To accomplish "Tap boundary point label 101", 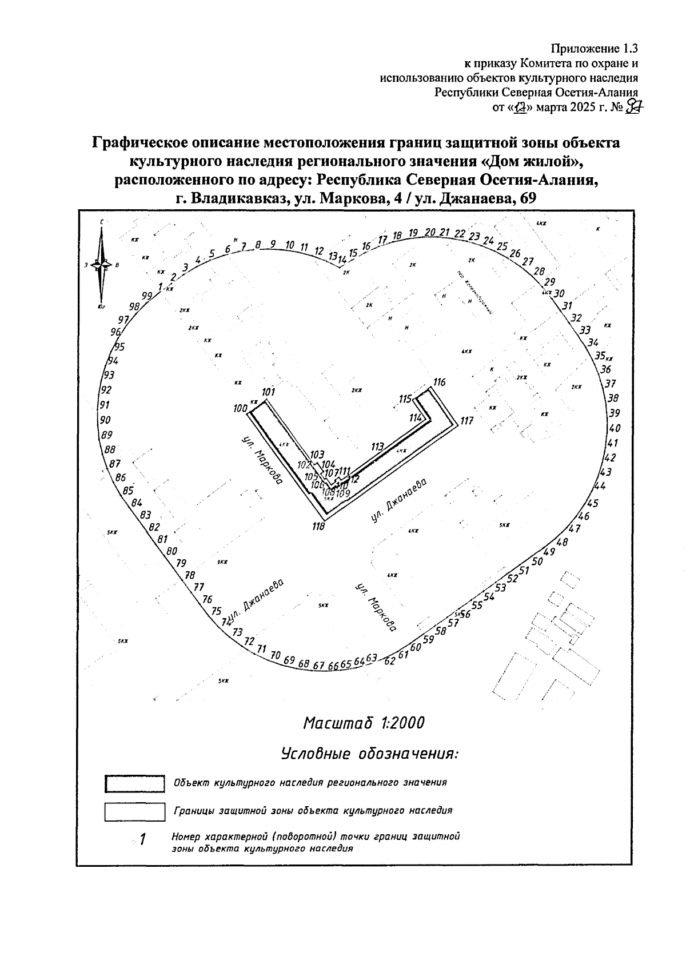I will tap(269, 392).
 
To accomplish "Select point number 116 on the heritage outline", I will tap(439, 383).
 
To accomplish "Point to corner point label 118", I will tap(318, 527).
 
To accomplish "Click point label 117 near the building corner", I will tap(466, 421).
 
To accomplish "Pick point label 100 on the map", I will tap(240, 409).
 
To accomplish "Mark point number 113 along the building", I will tap(377, 447).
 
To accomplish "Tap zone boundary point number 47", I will tap(575, 529).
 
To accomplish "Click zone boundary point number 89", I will tap(106, 435).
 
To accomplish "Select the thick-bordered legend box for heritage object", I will tap(135, 783).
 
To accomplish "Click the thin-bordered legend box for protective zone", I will tap(135, 811).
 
